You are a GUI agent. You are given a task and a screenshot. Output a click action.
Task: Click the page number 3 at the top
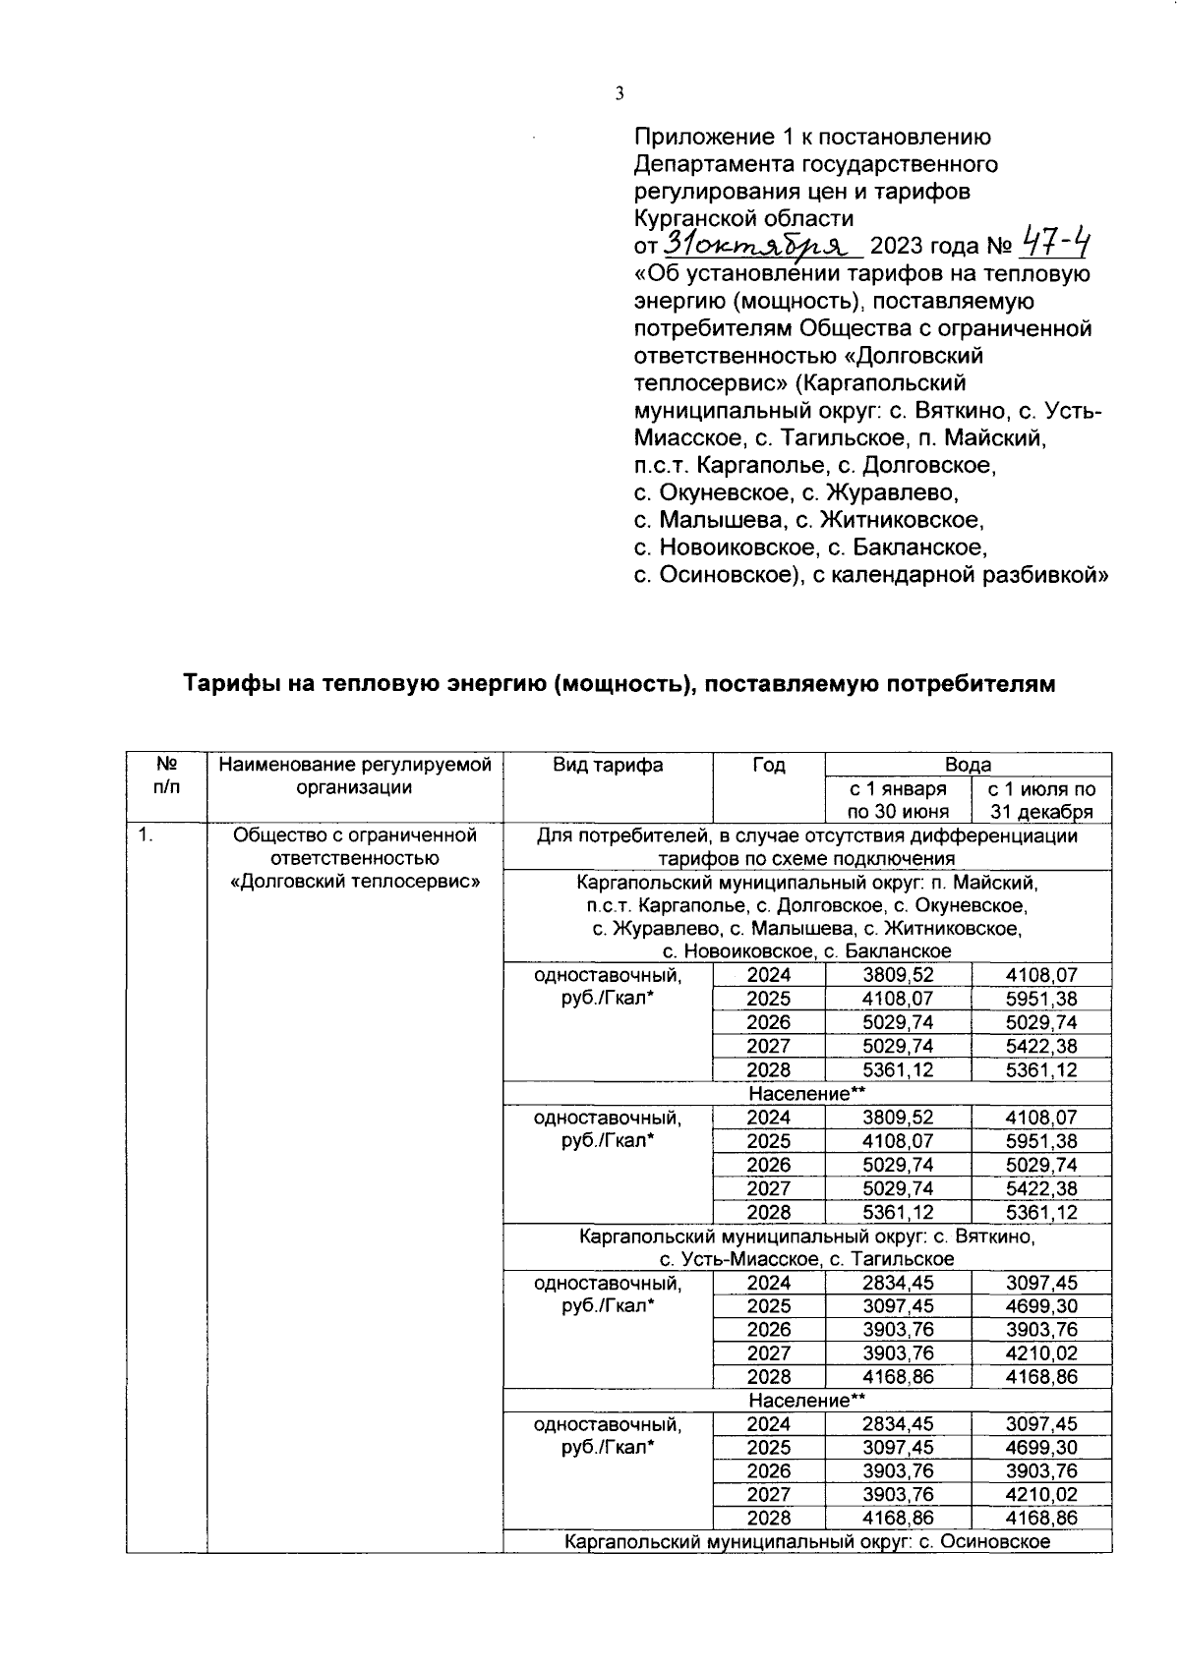pyautogui.click(x=619, y=94)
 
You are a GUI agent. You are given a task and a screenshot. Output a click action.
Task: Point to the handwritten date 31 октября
pyautogui.click(x=762, y=243)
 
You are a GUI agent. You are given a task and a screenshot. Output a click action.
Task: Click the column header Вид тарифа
pyautogui.click(x=607, y=765)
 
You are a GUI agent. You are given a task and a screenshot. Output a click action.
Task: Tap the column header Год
pyautogui.click(x=768, y=765)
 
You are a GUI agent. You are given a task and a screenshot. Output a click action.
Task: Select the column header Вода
pyautogui.click(x=968, y=765)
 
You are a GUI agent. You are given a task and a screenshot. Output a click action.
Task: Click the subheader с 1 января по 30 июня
pyautogui.click(x=898, y=800)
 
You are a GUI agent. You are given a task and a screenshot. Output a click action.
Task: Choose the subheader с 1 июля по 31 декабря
pyautogui.click(x=1041, y=800)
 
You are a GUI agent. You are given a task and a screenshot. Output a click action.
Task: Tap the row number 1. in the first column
pyautogui.click(x=146, y=835)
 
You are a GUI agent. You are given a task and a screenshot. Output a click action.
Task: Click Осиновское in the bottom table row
pyautogui.click(x=995, y=1541)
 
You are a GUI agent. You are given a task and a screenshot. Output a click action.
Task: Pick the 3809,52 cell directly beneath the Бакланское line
pyautogui.click(x=898, y=975)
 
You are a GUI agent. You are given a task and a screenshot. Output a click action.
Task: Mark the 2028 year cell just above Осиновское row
pyautogui.click(x=768, y=1518)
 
